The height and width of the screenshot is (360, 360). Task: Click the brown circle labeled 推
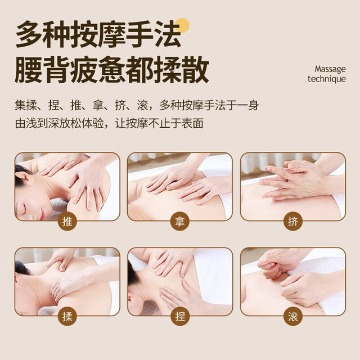[x=67, y=222]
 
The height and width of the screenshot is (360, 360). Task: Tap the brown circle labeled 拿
[x=180, y=222]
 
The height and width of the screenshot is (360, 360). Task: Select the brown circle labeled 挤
[x=292, y=222]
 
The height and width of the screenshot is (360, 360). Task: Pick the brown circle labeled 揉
[x=67, y=317]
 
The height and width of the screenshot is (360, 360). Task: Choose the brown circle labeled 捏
[x=180, y=317]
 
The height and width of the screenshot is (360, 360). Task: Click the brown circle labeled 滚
[x=292, y=317]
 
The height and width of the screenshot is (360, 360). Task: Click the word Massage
[x=330, y=69]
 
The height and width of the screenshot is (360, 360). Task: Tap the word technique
[x=327, y=79]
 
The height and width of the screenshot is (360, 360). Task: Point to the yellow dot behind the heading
[x=182, y=25]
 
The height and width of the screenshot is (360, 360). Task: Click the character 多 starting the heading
[x=29, y=34]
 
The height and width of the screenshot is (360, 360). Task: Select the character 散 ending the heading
[x=195, y=69]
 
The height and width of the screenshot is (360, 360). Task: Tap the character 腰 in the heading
[x=29, y=69]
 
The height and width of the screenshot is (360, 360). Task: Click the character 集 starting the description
[x=20, y=105]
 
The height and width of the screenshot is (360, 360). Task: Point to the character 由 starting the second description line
[x=20, y=123]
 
